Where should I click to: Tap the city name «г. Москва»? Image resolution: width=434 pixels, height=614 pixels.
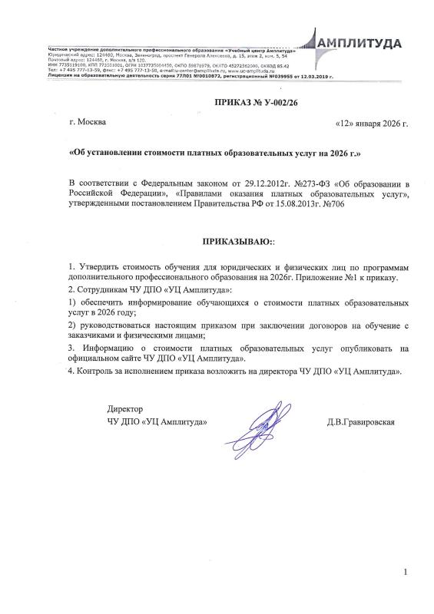click(88, 122)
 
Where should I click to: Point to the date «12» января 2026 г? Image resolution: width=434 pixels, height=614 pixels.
click(371, 123)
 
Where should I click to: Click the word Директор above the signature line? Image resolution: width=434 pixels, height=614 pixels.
click(124, 408)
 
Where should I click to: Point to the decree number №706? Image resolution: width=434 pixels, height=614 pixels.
click(321, 203)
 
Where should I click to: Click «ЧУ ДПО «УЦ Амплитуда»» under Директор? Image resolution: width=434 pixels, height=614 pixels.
click(157, 422)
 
